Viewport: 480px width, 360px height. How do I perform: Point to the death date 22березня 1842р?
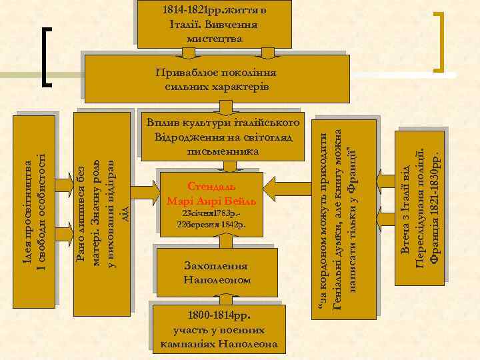tap(211, 225)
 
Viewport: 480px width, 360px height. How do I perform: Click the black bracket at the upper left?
tap(48, 57)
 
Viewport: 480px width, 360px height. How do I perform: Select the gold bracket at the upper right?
tap(441, 40)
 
